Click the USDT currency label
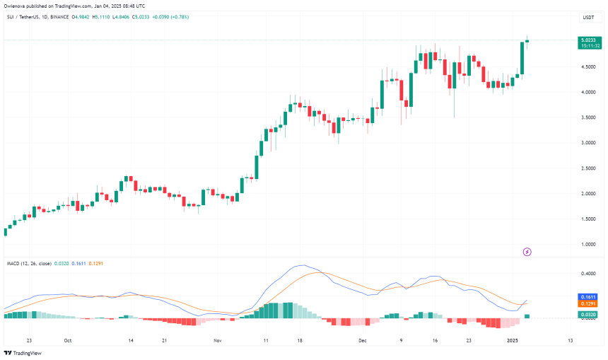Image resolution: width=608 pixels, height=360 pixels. pyautogui.click(x=587, y=17)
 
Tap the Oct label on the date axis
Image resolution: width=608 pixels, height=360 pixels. pyautogui.click(x=68, y=339)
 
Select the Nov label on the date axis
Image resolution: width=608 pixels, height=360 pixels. pyautogui.click(x=217, y=339)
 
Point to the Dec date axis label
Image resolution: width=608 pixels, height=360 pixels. pyautogui.click(x=363, y=339)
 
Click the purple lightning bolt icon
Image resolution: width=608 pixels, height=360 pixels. pyautogui.click(x=526, y=251)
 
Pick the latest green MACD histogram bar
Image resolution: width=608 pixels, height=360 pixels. pyautogui.click(x=526, y=315)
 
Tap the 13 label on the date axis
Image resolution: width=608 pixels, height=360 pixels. pyautogui.click(x=570, y=339)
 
